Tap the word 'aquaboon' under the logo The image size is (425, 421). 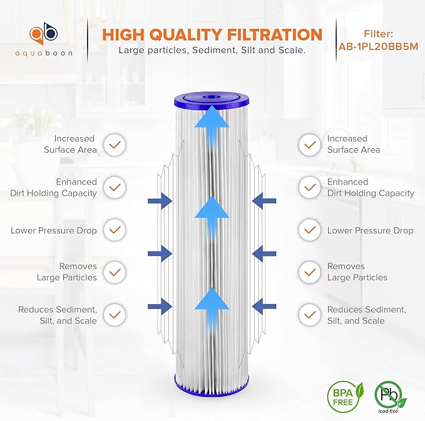(x=43, y=53)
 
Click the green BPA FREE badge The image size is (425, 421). (x=341, y=395)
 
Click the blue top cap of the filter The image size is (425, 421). (x=212, y=101)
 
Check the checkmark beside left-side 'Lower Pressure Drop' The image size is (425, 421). (x=114, y=230)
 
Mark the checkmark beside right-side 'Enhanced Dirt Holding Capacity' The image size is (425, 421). (x=309, y=187)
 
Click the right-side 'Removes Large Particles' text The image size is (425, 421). (x=357, y=271)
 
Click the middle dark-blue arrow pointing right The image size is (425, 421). (x=161, y=253)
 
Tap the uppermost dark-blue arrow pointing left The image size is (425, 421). (x=264, y=200)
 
